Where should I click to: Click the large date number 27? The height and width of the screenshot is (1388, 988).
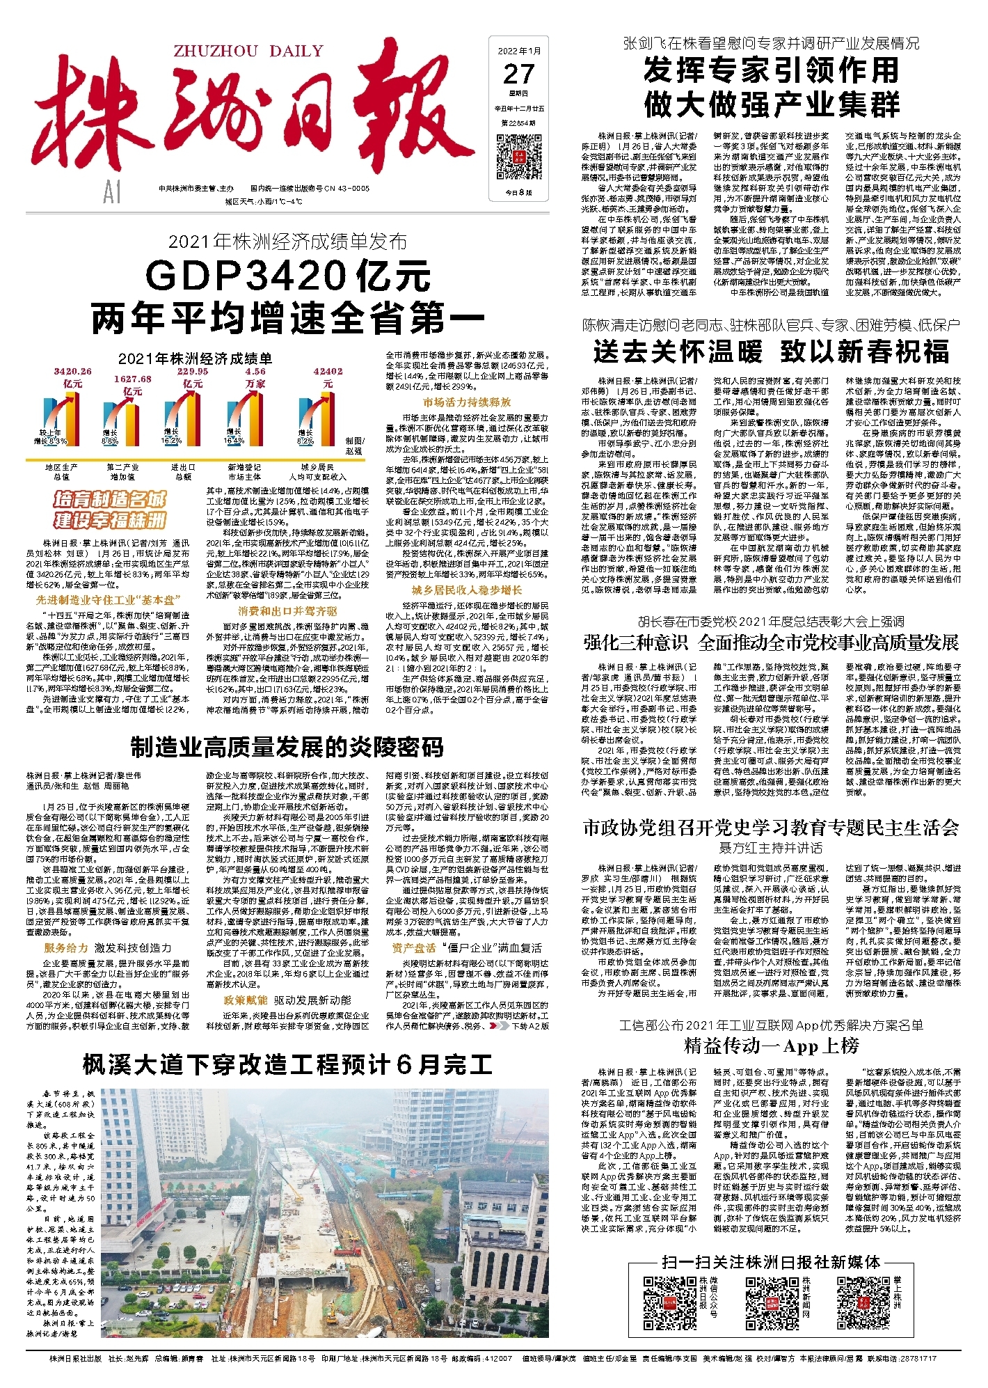point(518,74)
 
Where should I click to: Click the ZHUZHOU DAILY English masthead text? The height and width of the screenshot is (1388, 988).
point(248,51)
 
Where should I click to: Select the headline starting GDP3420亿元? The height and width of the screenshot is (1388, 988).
point(288,276)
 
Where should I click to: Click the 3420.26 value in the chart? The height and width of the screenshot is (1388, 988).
point(72,372)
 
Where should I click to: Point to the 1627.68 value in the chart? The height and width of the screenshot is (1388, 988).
point(132,379)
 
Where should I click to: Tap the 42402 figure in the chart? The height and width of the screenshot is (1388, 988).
point(328,372)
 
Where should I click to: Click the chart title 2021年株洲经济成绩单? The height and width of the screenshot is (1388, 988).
point(195,358)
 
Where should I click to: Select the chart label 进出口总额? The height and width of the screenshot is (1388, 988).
point(184,471)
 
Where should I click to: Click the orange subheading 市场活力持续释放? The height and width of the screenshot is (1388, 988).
point(466,402)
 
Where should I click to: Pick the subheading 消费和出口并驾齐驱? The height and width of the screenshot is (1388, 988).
point(287,610)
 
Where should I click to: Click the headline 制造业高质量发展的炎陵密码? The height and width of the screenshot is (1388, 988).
point(287,747)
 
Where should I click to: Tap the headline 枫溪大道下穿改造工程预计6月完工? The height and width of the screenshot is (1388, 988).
point(287,1064)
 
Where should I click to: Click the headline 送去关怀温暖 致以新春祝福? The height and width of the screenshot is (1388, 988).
point(770,352)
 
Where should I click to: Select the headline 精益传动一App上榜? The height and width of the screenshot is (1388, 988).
point(771,1046)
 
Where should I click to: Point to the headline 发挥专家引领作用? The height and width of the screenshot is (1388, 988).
point(771,70)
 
